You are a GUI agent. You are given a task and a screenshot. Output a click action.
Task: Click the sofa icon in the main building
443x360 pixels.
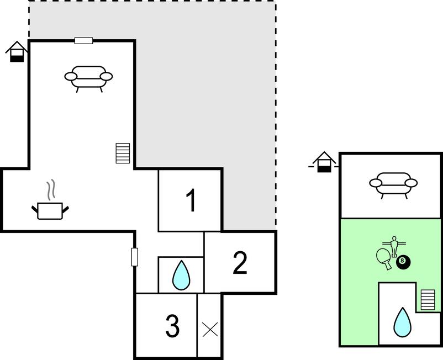88,78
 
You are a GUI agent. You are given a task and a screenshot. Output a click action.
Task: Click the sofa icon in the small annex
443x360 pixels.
393,184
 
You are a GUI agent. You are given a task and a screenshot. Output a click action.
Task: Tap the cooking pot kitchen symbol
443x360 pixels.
50,210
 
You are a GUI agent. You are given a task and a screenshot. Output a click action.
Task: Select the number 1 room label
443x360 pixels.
191,200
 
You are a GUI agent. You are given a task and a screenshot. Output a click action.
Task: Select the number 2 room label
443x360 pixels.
240,263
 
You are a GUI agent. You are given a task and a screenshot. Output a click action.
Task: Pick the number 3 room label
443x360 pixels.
173,326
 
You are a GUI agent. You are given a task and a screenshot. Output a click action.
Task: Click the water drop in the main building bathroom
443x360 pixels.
181,275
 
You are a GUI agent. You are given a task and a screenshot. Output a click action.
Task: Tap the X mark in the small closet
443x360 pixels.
210,330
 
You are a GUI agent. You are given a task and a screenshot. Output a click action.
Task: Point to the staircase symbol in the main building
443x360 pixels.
123,153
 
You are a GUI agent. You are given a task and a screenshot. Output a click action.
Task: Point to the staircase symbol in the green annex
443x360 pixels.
428,300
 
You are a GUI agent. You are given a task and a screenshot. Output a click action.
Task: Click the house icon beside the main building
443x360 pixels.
17,51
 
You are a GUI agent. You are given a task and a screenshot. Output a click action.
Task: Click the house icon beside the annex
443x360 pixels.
324,162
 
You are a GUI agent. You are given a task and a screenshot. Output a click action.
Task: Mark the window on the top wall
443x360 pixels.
83,40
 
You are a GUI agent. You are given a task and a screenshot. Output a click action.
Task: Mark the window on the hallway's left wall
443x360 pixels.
134,257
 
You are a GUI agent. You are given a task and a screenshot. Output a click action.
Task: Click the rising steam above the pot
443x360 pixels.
51,189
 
